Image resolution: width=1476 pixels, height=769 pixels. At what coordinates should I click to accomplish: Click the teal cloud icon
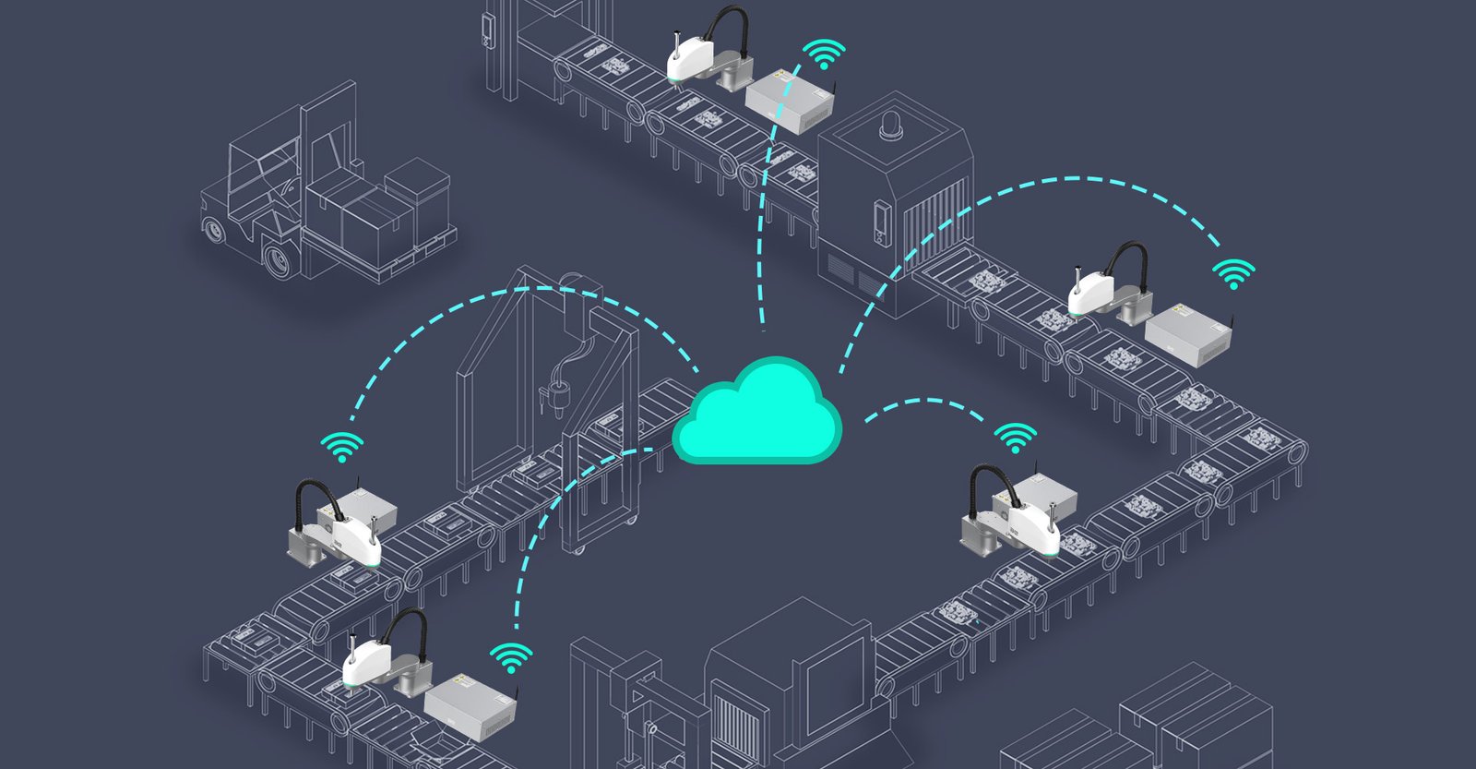tap(756, 415)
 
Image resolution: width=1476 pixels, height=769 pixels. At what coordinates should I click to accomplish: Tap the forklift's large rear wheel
tap(278, 260)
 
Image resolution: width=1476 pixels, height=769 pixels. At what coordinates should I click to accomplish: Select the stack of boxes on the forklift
tap(383, 208)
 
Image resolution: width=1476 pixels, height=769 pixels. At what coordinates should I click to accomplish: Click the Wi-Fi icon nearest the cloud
tap(1015, 438)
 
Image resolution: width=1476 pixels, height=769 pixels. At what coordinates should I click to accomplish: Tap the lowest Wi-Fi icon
tap(510, 658)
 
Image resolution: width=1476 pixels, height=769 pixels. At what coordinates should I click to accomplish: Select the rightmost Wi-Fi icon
tap(1233, 274)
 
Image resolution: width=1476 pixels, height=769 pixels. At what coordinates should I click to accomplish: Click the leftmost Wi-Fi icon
tap(342, 447)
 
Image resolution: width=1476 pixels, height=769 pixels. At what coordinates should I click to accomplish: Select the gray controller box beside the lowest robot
tap(470, 703)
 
